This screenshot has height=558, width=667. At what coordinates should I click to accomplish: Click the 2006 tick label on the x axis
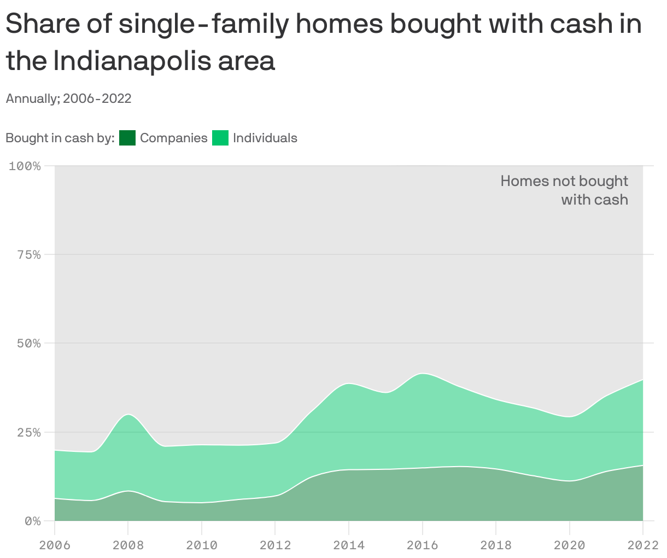tap(55, 545)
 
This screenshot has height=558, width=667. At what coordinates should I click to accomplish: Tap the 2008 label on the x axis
tap(128, 545)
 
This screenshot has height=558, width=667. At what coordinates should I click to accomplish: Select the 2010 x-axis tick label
tap(202, 545)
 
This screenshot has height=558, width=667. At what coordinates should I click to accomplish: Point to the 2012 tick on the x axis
tap(275, 545)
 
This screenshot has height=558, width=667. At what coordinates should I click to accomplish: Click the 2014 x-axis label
tap(349, 545)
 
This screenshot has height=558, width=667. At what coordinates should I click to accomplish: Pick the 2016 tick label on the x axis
tap(422, 545)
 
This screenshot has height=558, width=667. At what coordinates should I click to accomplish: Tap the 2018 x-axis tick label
tap(496, 545)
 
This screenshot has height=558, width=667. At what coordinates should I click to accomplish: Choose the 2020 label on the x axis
tap(569, 545)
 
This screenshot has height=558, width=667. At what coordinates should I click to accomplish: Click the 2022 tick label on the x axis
tap(643, 545)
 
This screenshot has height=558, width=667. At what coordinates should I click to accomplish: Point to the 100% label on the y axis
tap(25, 166)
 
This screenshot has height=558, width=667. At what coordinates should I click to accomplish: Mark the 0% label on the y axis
tap(32, 521)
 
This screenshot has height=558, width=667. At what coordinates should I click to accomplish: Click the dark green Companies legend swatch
tap(127, 138)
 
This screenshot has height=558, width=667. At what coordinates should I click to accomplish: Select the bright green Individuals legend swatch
tap(220, 138)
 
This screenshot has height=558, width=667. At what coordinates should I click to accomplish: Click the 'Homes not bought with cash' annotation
tap(564, 190)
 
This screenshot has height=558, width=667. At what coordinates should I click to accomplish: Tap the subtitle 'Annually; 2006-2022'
tap(68, 98)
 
